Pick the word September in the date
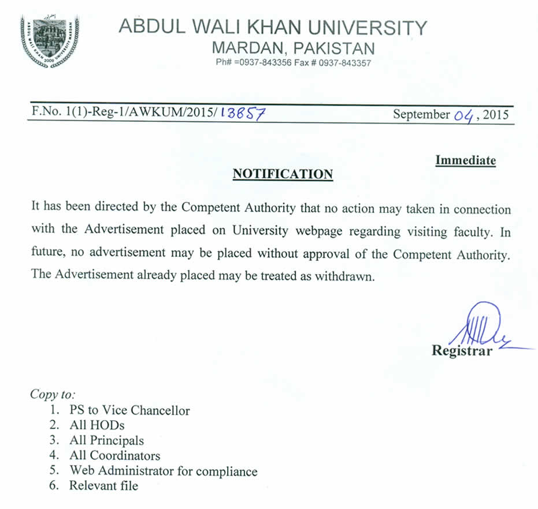(x=421, y=114)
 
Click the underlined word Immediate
(x=465, y=160)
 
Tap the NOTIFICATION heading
(x=283, y=174)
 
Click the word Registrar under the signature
(x=462, y=350)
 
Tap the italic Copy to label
(x=53, y=395)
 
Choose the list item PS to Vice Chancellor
(x=129, y=411)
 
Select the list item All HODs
(x=97, y=426)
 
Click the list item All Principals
(x=106, y=441)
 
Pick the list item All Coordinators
(x=114, y=456)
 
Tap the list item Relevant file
(x=103, y=486)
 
